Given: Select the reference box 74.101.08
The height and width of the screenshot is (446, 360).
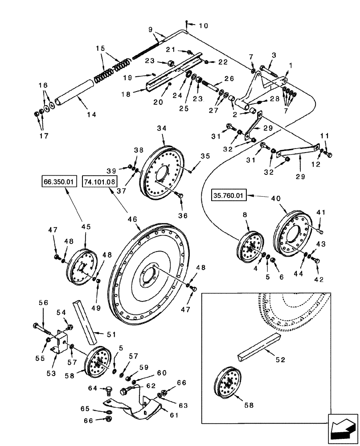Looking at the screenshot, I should point(99,182).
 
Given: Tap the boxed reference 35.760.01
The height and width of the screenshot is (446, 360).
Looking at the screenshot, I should point(229,195).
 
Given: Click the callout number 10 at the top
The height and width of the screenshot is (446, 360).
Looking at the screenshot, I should point(203,26).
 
